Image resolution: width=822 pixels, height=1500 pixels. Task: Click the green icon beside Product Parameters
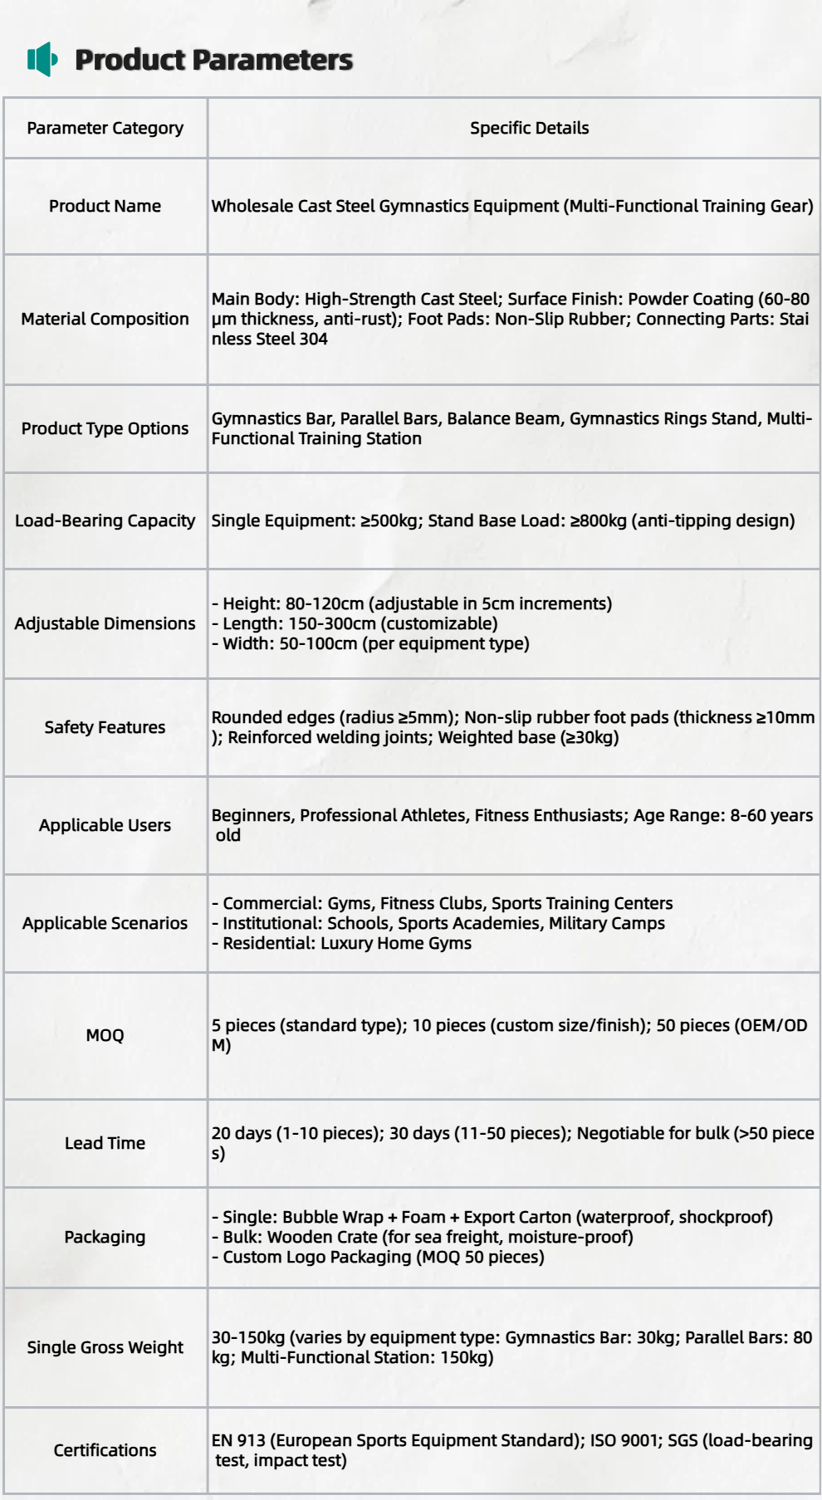click(x=42, y=60)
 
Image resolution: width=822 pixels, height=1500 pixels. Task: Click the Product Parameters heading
click(x=213, y=60)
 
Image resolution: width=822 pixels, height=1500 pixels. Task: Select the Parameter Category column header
click(x=105, y=128)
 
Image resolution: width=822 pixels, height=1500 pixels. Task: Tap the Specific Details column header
click(x=529, y=128)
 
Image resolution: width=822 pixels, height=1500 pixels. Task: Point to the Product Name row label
click(x=105, y=206)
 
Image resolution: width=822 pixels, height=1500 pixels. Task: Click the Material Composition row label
click(x=105, y=319)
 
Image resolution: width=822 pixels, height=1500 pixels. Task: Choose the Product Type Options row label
click(x=105, y=428)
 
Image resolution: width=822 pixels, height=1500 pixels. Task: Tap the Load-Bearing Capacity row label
click(x=105, y=520)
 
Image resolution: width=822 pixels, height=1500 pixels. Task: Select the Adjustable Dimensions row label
click(x=105, y=623)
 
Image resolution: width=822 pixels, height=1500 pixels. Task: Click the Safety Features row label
click(x=105, y=727)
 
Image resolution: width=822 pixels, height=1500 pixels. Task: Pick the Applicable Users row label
click(x=105, y=825)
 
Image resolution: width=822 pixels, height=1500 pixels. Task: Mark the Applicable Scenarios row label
click(x=105, y=923)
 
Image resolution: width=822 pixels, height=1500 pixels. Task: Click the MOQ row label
click(x=105, y=1035)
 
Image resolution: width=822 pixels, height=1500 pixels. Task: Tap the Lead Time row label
click(x=105, y=1143)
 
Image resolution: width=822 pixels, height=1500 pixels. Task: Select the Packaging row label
click(x=105, y=1237)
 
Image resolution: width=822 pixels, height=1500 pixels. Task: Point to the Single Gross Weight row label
click(x=105, y=1347)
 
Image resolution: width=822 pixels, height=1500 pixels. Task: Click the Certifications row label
click(x=105, y=1450)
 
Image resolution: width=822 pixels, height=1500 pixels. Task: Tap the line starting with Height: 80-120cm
click(x=412, y=603)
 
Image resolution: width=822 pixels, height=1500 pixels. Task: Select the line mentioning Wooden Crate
click(x=423, y=1237)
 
